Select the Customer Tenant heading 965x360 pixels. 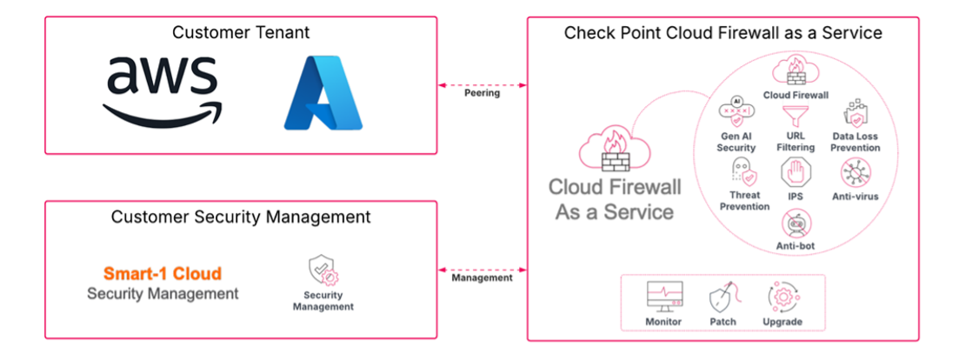click(x=241, y=33)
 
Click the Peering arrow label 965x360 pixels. click(x=482, y=93)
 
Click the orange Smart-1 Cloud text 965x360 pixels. click(x=163, y=273)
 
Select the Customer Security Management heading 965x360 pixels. click(x=241, y=217)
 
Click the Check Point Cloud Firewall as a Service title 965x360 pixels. click(x=723, y=33)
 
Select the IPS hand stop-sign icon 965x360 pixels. click(x=795, y=172)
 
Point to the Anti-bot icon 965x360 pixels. click(x=795, y=224)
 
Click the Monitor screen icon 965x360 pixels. click(x=664, y=297)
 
